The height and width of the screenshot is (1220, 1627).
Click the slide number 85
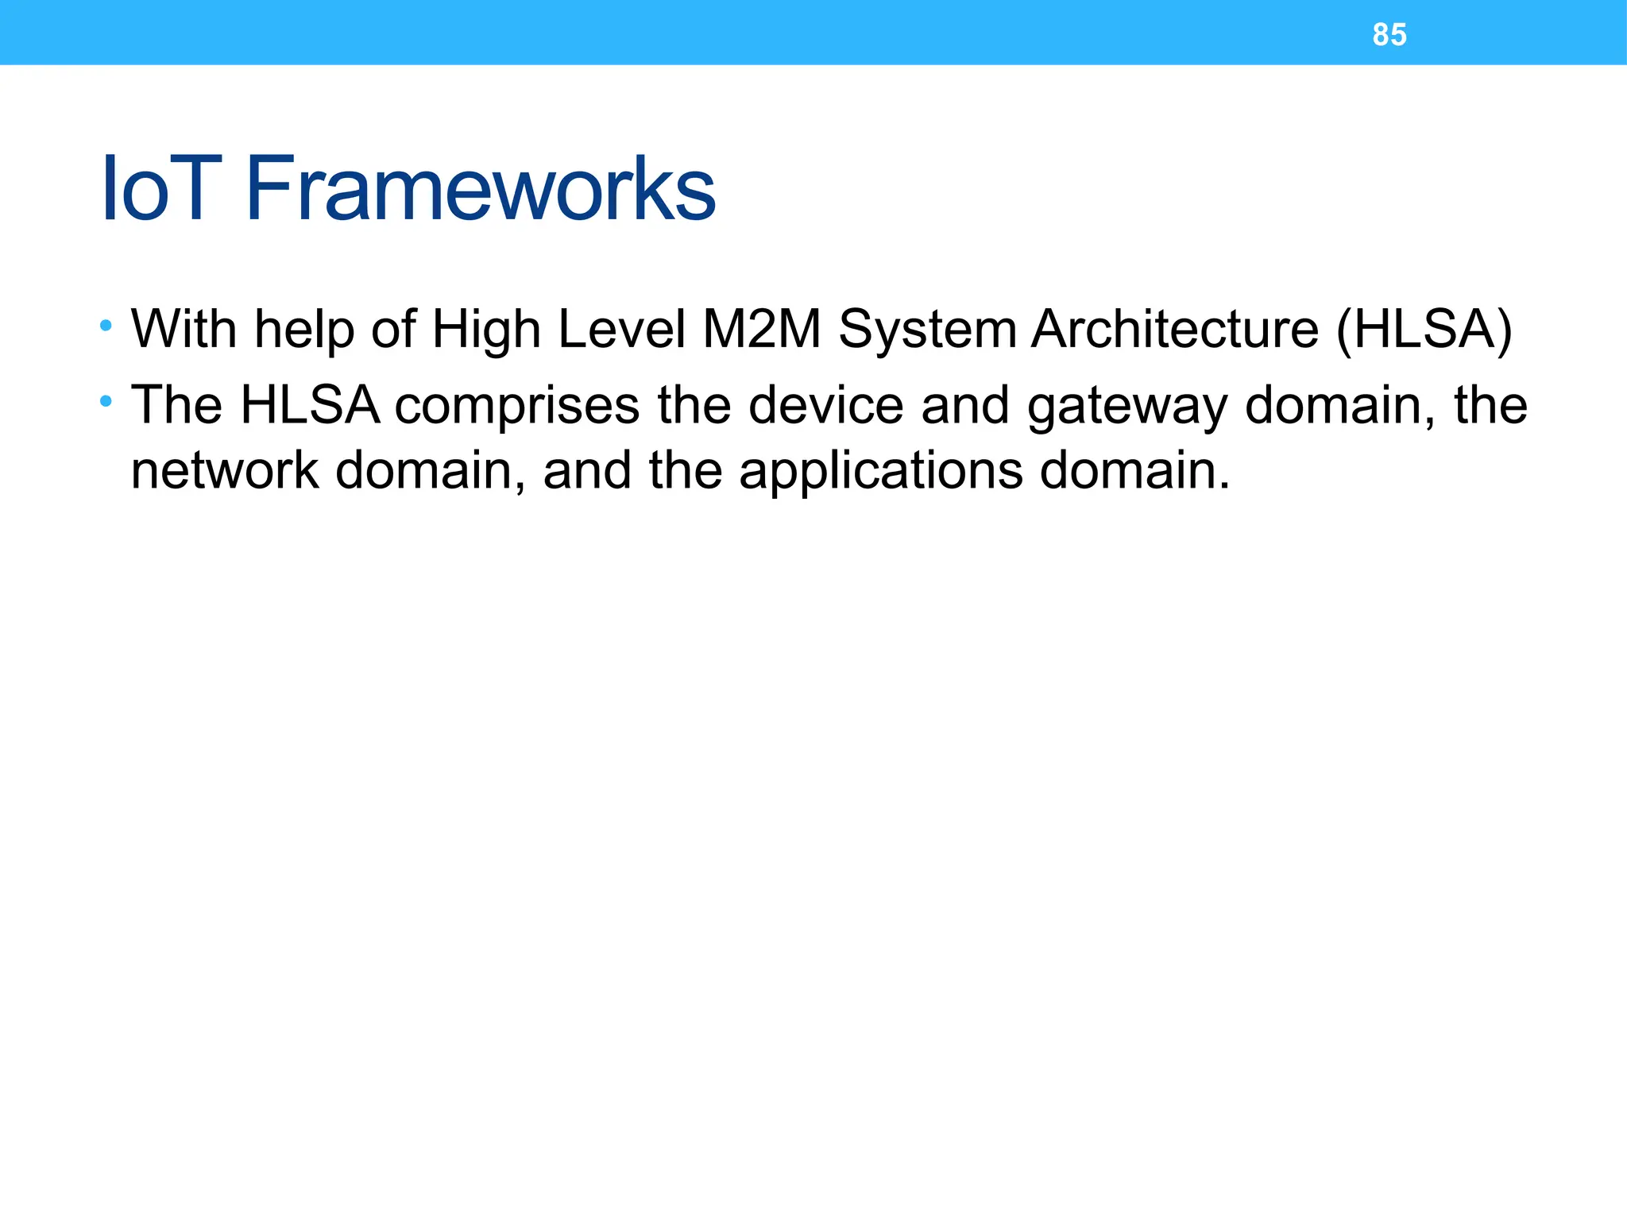[1389, 35]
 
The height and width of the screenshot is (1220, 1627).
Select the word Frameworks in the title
[481, 189]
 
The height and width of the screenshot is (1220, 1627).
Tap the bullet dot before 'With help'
[106, 326]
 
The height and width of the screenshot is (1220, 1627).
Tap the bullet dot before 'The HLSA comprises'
[106, 401]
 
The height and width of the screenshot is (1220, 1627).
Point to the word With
[184, 328]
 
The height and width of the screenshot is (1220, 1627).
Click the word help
[304, 330]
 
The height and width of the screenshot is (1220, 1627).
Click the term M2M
[761, 328]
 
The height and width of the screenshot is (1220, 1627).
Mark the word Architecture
[1175, 328]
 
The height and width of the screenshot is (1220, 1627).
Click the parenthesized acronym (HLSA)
[1424, 330]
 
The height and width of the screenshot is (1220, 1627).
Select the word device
[825, 405]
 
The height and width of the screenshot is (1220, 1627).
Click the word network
[225, 470]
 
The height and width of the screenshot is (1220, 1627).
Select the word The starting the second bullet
[176, 405]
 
